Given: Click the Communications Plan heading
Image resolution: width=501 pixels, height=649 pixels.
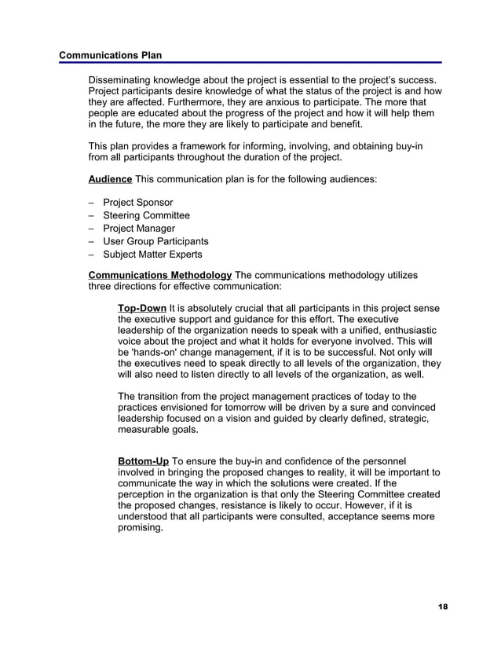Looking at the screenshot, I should [110, 55].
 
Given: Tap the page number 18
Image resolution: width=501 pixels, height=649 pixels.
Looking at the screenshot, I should [443, 607].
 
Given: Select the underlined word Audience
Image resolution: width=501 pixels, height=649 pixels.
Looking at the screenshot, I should [110, 180].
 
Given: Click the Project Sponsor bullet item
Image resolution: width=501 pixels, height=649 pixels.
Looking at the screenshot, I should [137, 203].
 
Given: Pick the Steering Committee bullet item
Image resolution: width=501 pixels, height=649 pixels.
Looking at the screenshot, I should [146, 215].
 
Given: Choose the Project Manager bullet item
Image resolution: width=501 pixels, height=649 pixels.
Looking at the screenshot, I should [138, 229].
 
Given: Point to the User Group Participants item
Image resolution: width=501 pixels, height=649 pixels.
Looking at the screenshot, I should [155, 241].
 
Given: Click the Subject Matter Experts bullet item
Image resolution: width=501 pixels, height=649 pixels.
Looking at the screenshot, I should [152, 255].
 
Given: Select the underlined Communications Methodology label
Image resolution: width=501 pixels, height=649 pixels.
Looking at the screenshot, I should [160, 274].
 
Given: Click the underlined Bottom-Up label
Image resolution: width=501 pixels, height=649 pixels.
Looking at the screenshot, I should [143, 460].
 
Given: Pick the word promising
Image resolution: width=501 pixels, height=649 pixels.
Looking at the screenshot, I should [140, 528].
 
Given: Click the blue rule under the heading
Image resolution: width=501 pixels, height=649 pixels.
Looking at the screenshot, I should [251, 63].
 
